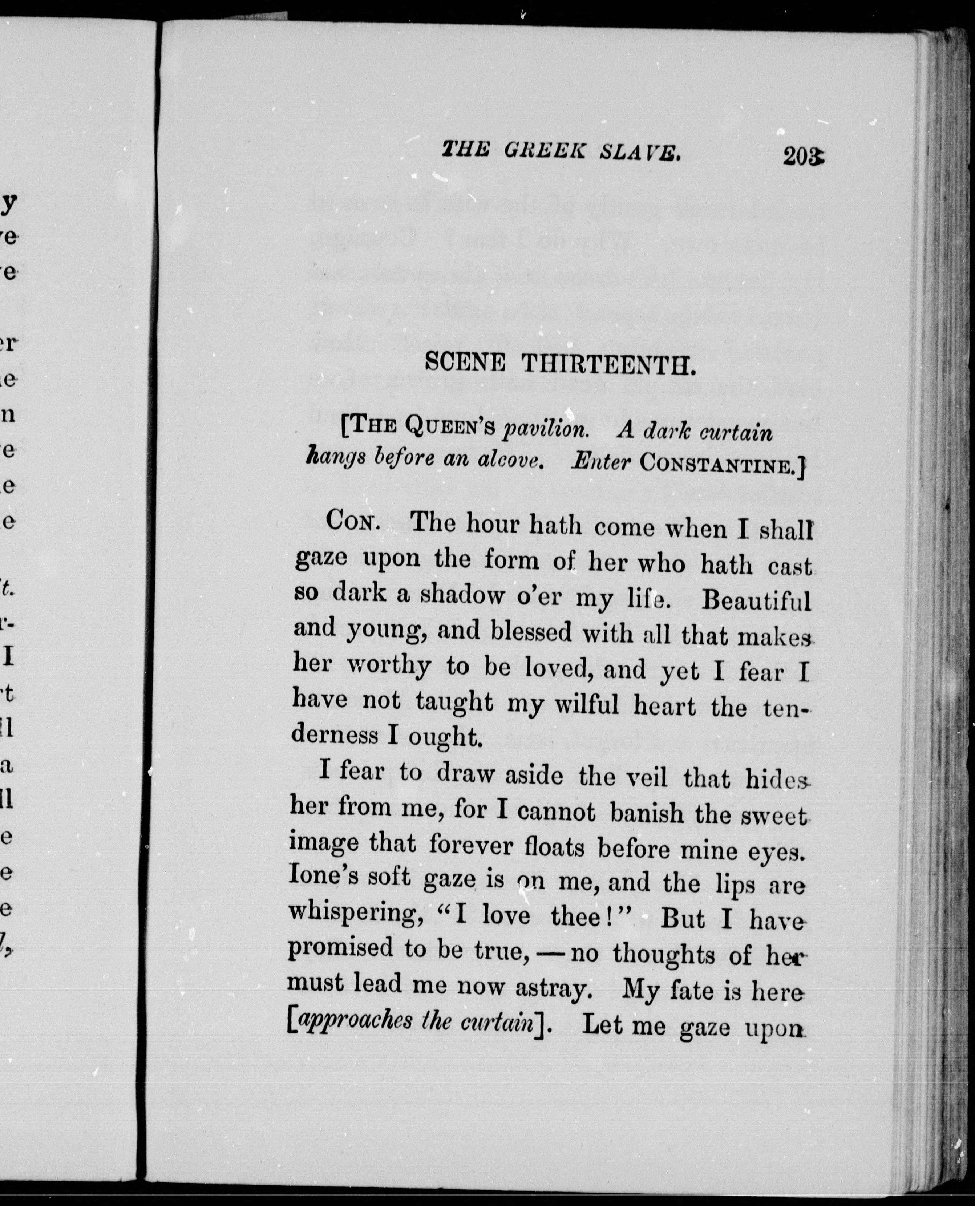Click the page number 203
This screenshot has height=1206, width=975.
coord(803,155)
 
